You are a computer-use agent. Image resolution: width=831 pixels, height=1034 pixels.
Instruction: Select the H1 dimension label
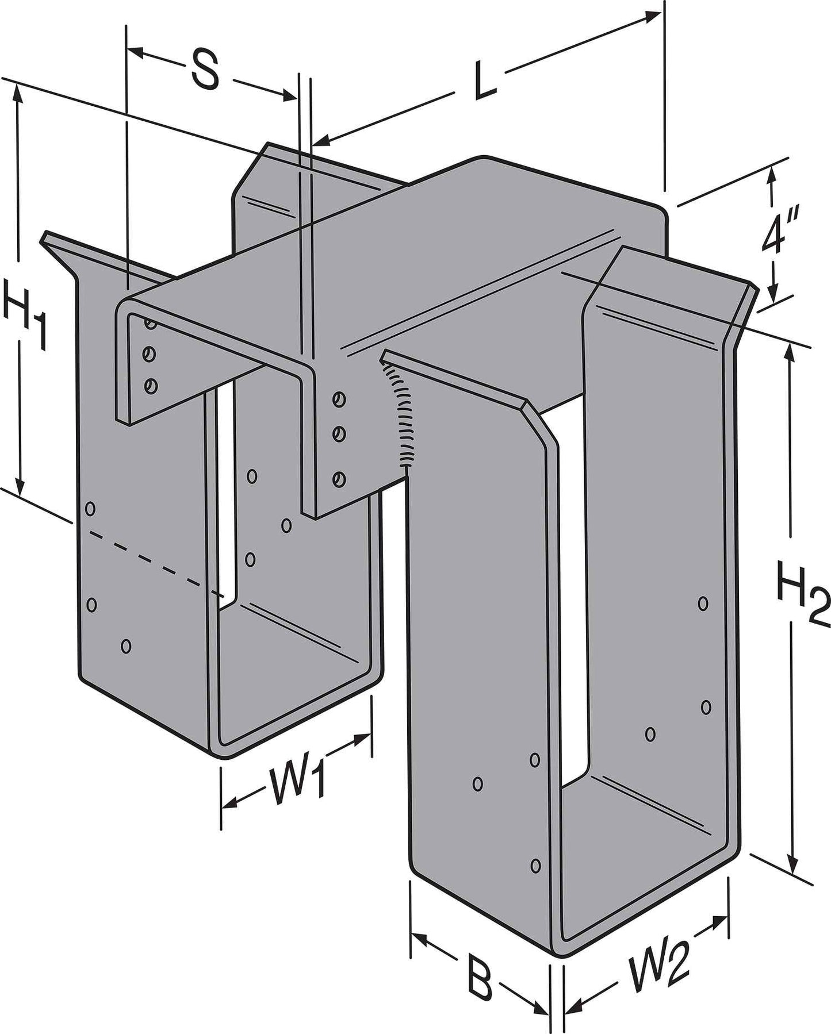pos(24,313)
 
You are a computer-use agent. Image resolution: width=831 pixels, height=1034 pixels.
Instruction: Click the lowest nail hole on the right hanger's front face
pos(536,864)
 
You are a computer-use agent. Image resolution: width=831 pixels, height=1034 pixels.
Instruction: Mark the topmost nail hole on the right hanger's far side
pos(702,603)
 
